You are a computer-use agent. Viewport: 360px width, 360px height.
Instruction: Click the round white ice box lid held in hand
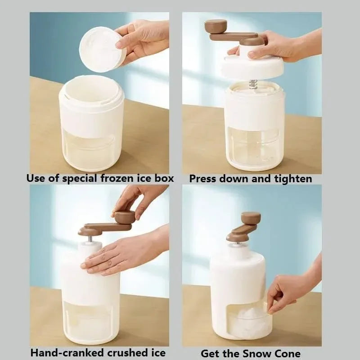101,49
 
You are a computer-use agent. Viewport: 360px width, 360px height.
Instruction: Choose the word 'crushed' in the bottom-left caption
124,352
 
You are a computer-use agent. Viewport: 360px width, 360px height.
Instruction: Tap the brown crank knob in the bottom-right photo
251,218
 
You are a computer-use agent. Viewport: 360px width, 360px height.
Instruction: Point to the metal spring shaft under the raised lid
253,84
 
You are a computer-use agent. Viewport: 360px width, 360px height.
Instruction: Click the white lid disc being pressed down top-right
252,67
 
